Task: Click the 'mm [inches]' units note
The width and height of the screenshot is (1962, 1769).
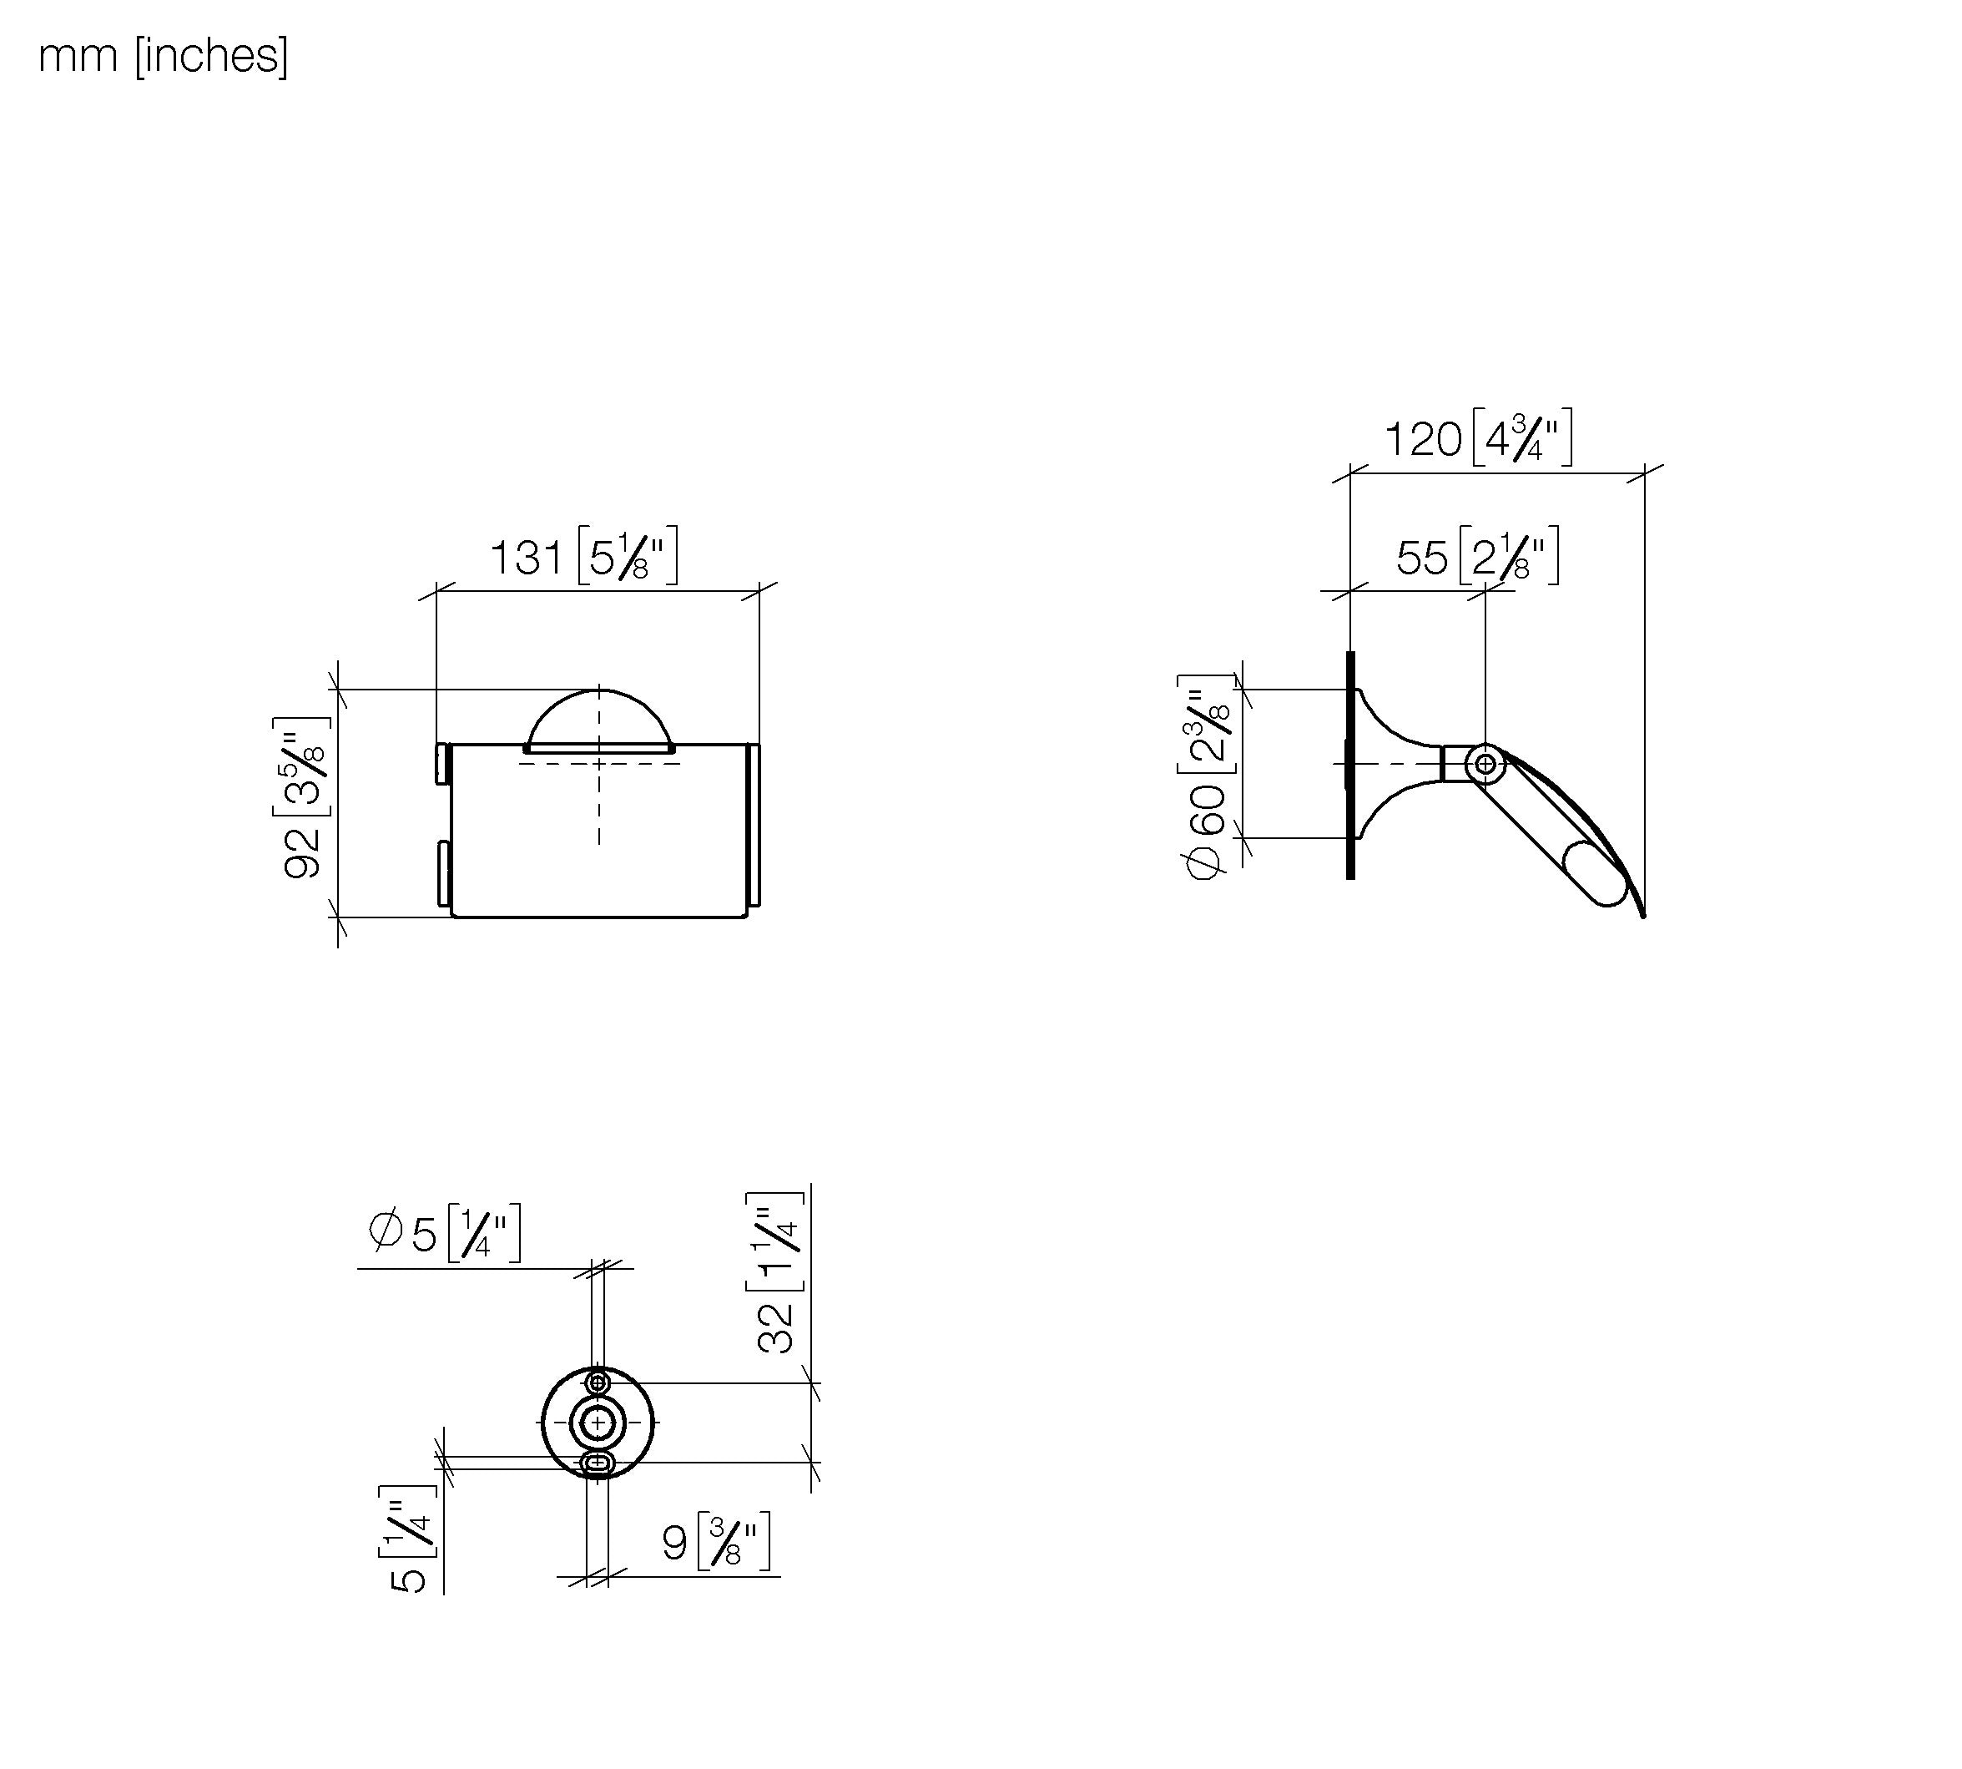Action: pyautogui.click(x=164, y=57)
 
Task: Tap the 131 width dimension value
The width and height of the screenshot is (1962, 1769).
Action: pyautogui.click(x=526, y=558)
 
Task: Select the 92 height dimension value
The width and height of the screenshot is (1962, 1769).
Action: pyautogui.click(x=302, y=853)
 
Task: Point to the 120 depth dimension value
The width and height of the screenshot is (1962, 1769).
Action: pyautogui.click(x=1423, y=439)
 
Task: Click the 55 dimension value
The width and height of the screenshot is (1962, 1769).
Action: pyautogui.click(x=1422, y=558)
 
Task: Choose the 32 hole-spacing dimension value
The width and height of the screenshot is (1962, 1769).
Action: pyautogui.click(x=776, y=1327)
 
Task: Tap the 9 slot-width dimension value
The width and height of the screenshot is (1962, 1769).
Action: pyautogui.click(x=674, y=1544)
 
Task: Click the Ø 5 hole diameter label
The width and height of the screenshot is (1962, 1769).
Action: pyautogui.click(x=402, y=1233)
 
